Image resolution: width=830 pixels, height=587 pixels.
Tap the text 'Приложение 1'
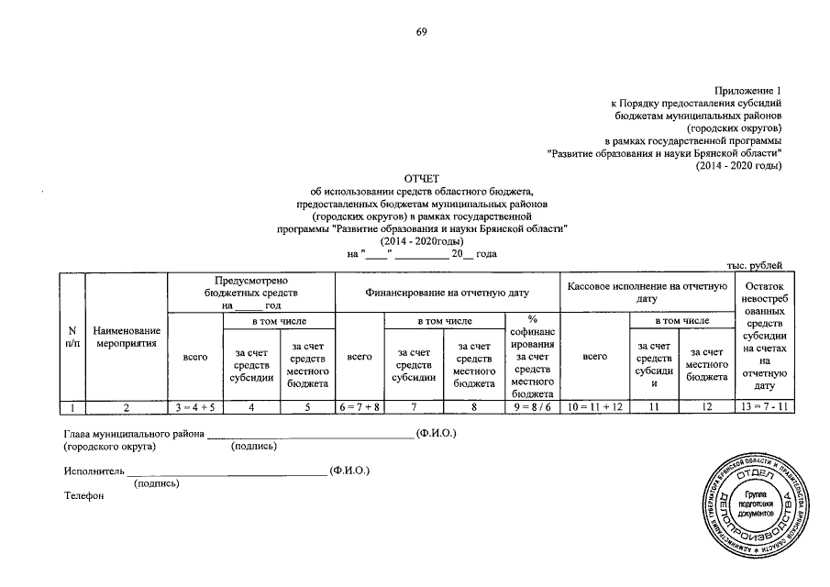point(752,91)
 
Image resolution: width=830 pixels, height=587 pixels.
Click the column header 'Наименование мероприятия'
point(127,337)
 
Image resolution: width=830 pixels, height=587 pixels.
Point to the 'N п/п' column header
point(71,337)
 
